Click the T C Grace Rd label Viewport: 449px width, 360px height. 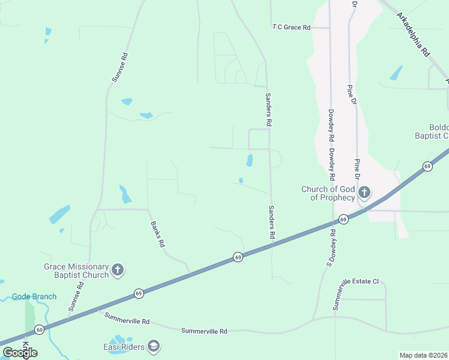click(x=291, y=28)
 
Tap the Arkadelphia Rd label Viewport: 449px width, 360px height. click(x=413, y=35)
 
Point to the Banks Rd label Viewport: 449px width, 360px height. click(x=157, y=234)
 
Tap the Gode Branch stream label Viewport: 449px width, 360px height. click(x=34, y=296)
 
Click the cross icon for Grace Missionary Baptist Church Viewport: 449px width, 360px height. click(x=118, y=270)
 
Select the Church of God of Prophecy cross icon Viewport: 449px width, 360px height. click(x=364, y=193)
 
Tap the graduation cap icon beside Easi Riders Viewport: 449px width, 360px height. click(x=154, y=346)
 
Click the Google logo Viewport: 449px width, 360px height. click(x=20, y=353)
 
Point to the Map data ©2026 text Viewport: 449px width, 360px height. click(x=424, y=355)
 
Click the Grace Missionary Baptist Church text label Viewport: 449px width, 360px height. click(x=76, y=271)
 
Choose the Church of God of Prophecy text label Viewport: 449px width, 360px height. click(x=328, y=193)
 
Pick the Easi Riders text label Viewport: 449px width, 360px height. click(x=123, y=346)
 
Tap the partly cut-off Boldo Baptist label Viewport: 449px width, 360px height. click(x=432, y=131)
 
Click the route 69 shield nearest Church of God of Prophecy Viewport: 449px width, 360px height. click(x=343, y=219)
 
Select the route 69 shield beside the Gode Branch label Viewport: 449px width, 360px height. click(x=39, y=330)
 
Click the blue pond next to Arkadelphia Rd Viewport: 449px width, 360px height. click(x=396, y=73)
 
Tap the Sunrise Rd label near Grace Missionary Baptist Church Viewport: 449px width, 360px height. click(x=76, y=296)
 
